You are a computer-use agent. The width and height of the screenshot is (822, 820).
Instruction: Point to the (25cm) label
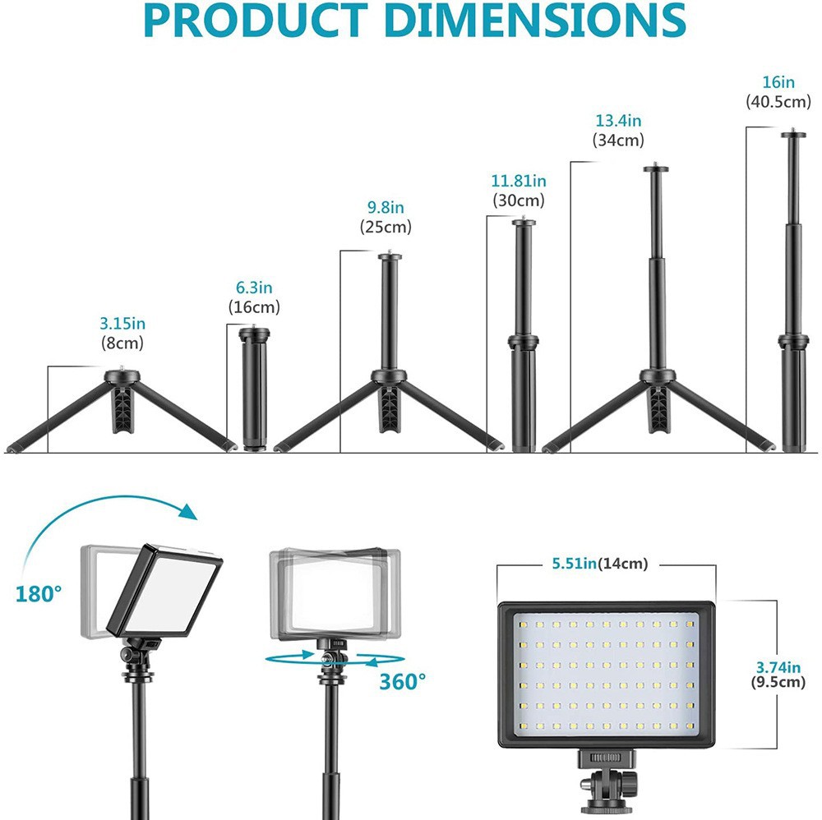(x=386, y=227)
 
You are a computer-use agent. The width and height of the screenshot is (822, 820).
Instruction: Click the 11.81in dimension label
(x=519, y=181)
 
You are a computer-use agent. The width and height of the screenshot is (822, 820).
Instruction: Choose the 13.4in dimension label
(x=618, y=121)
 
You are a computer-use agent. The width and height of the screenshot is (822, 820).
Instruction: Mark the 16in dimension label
(x=778, y=82)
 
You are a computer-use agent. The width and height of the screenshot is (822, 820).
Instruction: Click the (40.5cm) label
(x=778, y=102)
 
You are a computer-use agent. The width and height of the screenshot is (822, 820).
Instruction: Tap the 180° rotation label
(x=39, y=592)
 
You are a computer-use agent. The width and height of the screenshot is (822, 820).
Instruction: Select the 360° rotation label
(x=403, y=680)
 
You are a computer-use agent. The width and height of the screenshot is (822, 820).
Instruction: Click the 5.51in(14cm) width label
(x=599, y=564)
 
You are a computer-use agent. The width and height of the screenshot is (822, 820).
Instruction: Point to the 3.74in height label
(x=778, y=666)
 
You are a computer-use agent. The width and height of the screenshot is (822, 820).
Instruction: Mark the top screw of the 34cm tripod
(x=655, y=168)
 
